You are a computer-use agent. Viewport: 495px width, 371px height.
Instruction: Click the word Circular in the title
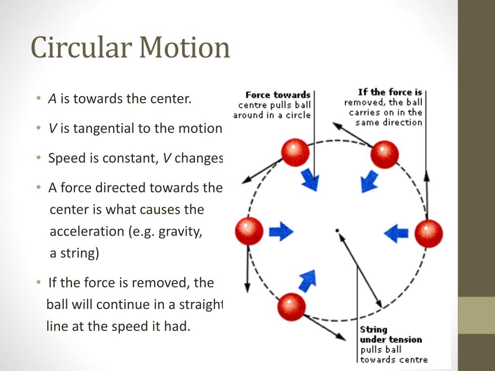click(x=81, y=47)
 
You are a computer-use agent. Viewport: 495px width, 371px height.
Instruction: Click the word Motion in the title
click(x=185, y=47)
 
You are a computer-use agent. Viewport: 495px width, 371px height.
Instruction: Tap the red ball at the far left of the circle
click(x=249, y=231)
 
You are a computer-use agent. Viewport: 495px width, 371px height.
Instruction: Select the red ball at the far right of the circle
click(x=428, y=234)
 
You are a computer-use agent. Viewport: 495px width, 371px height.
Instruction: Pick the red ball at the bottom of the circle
click(x=291, y=307)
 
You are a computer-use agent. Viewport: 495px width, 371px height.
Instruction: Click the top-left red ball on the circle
click(x=295, y=152)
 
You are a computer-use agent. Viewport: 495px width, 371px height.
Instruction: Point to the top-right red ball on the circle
click(x=384, y=155)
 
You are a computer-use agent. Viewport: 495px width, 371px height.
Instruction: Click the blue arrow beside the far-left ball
click(x=281, y=231)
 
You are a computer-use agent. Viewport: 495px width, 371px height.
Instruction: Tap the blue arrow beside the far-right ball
click(x=396, y=233)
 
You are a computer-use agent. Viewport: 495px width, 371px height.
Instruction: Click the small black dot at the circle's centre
click(x=337, y=230)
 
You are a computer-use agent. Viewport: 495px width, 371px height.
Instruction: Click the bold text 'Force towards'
click(x=278, y=95)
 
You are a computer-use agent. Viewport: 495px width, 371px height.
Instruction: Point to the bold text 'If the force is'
click(x=390, y=92)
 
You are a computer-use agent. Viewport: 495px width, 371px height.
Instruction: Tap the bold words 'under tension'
click(x=391, y=340)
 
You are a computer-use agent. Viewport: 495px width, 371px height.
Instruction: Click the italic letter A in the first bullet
click(x=52, y=99)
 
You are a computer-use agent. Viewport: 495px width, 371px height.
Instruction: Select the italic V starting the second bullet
click(x=52, y=128)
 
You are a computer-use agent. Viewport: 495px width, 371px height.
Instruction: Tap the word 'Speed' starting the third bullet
click(x=67, y=158)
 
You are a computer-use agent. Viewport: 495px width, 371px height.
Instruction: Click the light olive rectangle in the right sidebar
click(x=476, y=315)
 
